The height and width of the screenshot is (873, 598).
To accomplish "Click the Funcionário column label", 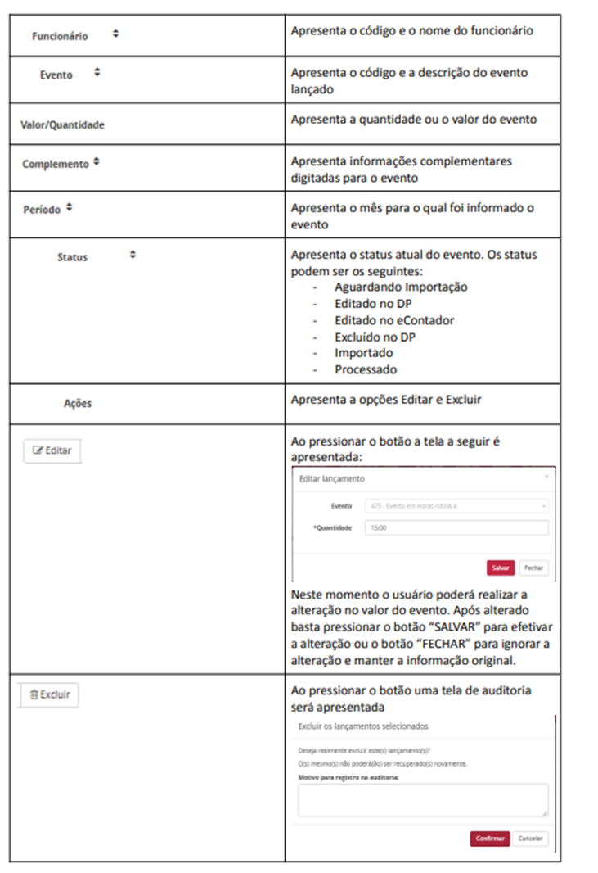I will click(60, 36).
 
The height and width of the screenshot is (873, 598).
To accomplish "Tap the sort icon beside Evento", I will click(97, 73).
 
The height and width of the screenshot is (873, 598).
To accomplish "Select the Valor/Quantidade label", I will click(62, 125).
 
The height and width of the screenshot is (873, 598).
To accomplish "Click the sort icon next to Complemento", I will click(97, 162).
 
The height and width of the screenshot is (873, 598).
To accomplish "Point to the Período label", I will click(42, 209).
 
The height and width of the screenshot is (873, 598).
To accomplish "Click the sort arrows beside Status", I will click(133, 256).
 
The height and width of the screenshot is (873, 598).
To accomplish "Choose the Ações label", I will click(78, 403).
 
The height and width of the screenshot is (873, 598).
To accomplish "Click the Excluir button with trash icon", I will click(49, 694).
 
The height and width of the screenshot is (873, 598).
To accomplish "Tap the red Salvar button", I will click(500, 568).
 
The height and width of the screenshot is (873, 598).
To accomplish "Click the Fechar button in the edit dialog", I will click(533, 568).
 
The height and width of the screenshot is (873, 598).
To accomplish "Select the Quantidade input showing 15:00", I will click(456, 528).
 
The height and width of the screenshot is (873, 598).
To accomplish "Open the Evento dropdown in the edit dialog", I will click(456, 506).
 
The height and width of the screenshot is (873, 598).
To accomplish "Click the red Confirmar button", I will click(489, 839).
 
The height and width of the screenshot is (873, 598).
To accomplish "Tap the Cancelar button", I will click(530, 839).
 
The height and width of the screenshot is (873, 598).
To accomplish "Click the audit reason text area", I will click(422, 799).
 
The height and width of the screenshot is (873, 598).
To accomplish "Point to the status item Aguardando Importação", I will click(401, 287).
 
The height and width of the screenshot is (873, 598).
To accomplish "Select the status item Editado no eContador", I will click(394, 320).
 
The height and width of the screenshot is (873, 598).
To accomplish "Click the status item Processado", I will click(366, 369).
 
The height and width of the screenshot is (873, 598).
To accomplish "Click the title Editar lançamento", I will click(332, 478).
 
